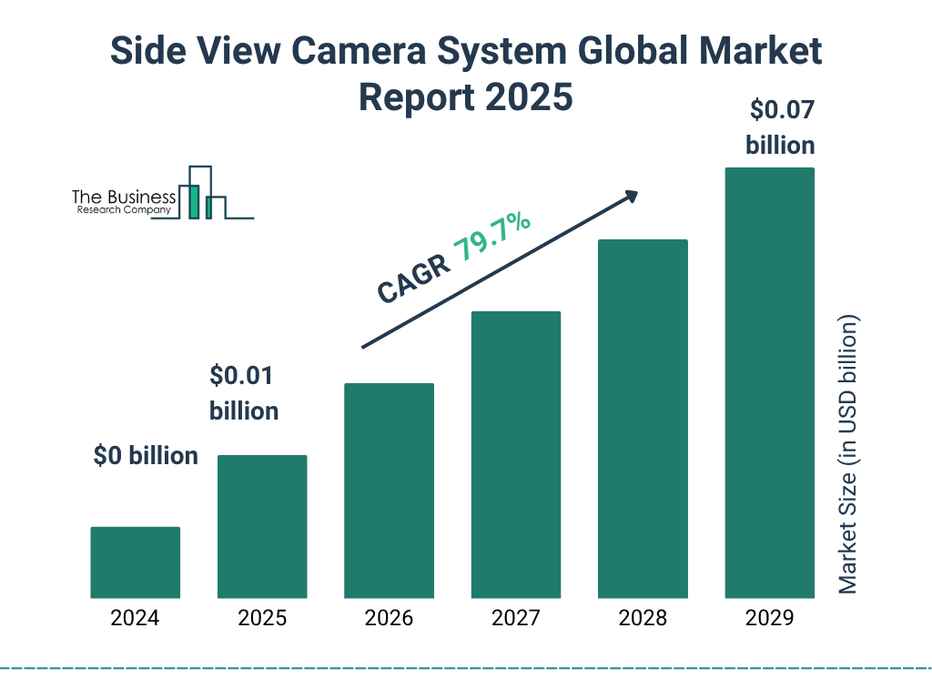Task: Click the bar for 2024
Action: [x=135, y=562]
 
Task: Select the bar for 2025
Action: [x=262, y=527]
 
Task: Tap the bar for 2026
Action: [x=389, y=491]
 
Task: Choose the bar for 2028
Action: [x=643, y=419]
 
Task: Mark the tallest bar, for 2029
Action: [x=769, y=383]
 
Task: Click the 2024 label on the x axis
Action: [x=135, y=619]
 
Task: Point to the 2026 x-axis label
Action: [x=389, y=619]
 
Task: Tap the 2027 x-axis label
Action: [x=515, y=619]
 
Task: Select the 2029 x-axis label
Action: [x=769, y=619]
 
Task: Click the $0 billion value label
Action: [x=146, y=456]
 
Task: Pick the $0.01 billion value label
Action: [x=244, y=393]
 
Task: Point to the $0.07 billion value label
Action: [x=780, y=127]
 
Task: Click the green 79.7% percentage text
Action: [x=492, y=237]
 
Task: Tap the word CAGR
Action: [x=411, y=279]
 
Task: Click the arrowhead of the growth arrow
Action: [x=630, y=197]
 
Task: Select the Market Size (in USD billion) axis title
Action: [x=848, y=455]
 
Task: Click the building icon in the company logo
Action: [x=201, y=193]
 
